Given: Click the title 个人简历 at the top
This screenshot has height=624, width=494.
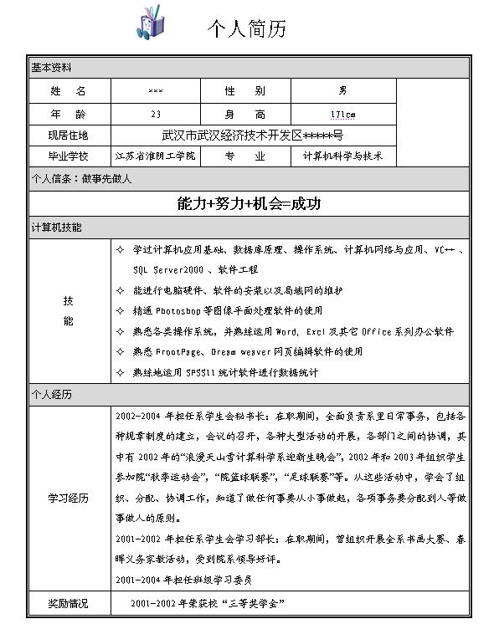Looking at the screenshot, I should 246,29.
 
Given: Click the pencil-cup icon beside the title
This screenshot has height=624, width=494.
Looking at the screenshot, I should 150,22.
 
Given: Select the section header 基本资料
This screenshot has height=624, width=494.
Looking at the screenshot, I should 51,68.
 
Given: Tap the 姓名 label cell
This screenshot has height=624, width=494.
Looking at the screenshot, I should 68,90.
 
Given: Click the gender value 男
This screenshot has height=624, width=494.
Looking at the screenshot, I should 342,90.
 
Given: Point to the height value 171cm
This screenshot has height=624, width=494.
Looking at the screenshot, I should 342,113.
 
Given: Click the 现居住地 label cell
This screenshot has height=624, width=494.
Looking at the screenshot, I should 68,135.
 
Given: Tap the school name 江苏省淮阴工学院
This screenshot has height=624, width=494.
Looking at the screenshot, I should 155,156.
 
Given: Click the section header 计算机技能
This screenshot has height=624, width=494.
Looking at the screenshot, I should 56,228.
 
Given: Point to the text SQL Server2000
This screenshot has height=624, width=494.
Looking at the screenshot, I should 168,270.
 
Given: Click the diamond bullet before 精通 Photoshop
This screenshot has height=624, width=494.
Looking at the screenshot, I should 120,310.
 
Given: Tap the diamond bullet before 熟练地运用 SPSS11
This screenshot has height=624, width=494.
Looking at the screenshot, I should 120,372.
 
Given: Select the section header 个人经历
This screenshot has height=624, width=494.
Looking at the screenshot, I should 51,394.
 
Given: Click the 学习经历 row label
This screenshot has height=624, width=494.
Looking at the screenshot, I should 68,499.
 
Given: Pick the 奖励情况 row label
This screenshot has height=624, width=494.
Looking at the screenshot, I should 68,603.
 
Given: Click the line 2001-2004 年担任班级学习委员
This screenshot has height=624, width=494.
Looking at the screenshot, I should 184,580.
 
